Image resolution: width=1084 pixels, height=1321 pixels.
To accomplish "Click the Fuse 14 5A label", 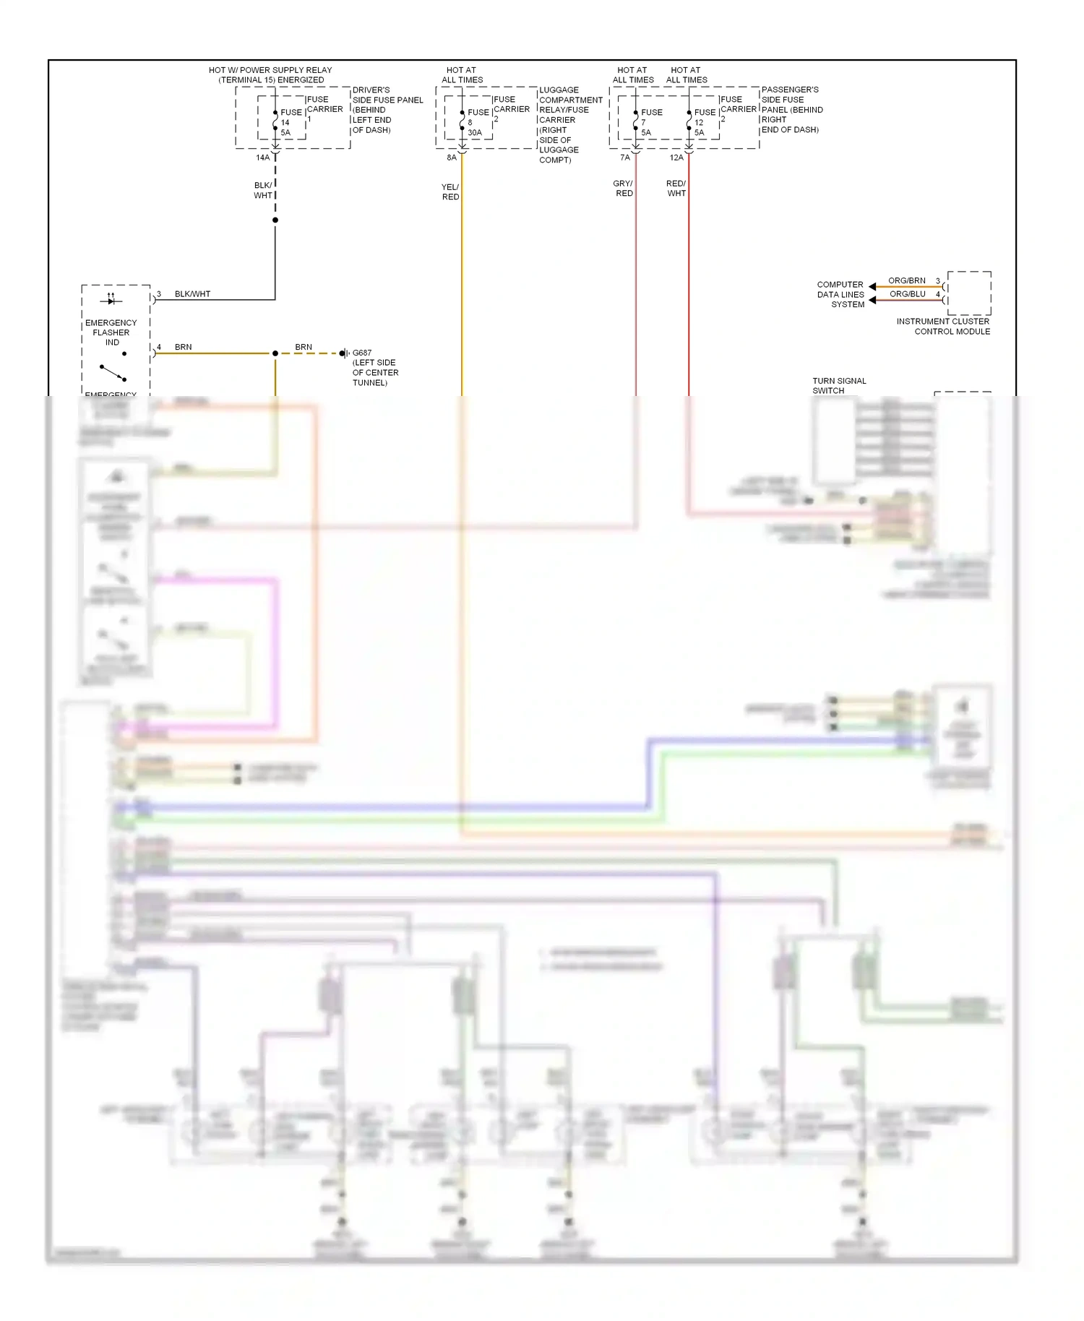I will [291, 122].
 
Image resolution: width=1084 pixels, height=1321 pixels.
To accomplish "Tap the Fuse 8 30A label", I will [477, 122].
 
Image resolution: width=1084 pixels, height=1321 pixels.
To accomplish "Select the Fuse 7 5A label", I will [650, 122].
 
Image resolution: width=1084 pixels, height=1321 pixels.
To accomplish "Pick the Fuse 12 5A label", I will [704, 122].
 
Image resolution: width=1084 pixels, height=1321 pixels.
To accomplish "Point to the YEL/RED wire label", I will [450, 192].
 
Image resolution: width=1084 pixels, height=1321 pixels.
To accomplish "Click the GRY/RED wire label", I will [623, 188].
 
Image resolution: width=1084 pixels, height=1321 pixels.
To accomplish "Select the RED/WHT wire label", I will [676, 188].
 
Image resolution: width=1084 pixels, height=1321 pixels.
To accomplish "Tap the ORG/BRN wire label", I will [906, 280].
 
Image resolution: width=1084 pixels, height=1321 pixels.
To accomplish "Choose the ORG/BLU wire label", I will [907, 294].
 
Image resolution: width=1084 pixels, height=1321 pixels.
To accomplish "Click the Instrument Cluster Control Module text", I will [943, 326].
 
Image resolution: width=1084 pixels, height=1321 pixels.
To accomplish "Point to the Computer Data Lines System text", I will [840, 294].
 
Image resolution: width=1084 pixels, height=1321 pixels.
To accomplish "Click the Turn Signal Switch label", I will [838, 385].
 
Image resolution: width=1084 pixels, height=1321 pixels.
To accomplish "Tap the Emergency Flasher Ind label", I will [111, 332].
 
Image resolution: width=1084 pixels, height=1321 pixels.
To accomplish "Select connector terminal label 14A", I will [262, 158].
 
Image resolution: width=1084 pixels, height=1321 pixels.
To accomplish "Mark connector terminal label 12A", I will [676, 158].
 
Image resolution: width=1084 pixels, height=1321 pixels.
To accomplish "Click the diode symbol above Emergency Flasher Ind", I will [111, 299].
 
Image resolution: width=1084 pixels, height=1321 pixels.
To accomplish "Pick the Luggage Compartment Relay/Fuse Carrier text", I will [569, 124].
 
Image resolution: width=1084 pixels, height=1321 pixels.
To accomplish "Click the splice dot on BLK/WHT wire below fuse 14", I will [275, 220].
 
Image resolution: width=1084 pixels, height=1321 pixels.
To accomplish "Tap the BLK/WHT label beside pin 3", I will [192, 294].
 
